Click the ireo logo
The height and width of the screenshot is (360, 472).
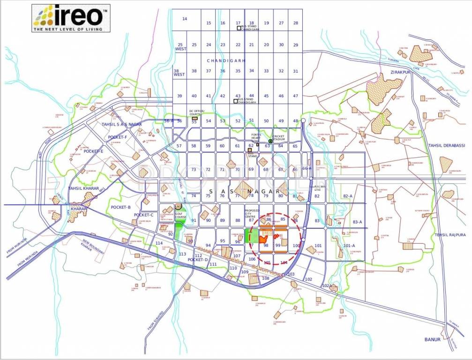(x=70, y=18)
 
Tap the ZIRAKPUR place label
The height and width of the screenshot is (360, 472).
(x=399, y=73)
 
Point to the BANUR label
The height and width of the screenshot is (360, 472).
(x=433, y=339)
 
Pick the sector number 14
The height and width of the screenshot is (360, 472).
(x=185, y=19)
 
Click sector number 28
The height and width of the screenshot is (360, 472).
(x=295, y=23)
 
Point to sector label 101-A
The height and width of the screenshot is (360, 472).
(x=349, y=246)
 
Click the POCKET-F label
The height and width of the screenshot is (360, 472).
(x=118, y=137)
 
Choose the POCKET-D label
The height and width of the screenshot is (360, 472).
(x=197, y=259)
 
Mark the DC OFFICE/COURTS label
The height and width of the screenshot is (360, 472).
(x=197, y=112)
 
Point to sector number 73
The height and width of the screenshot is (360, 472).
(x=194, y=169)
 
